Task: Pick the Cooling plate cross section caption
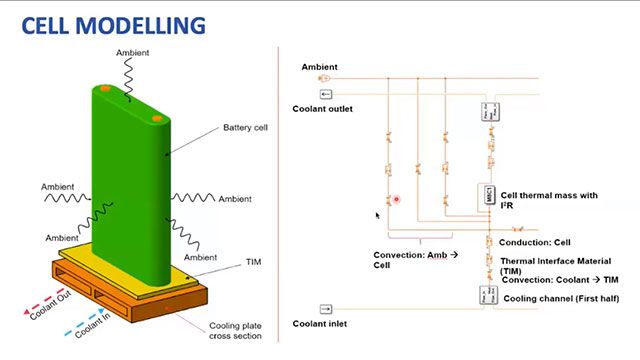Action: pyautogui.click(x=236, y=330)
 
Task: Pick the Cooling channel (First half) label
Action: pyautogui.click(x=561, y=298)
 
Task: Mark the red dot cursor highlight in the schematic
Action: pyautogui.click(x=397, y=198)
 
